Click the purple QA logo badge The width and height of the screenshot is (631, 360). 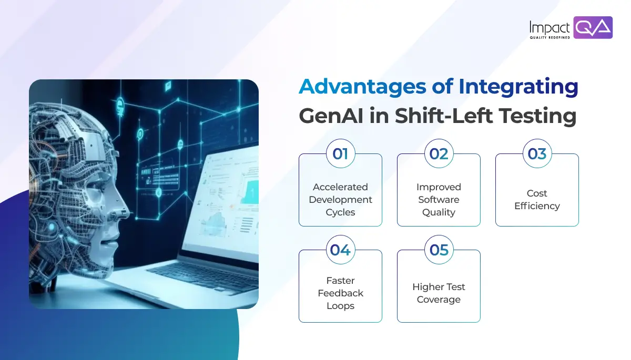tap(593, 27)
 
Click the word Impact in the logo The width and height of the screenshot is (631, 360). tap(549, 27)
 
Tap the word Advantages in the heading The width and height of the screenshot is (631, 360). tap(362, 86)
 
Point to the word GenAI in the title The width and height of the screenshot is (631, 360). tap(331, 116)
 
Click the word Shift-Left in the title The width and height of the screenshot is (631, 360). tap(444, 116)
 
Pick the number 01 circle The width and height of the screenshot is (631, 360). tap(340, 153)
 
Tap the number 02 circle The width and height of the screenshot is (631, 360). tap(439, 153)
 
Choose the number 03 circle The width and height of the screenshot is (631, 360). tap(537, 153)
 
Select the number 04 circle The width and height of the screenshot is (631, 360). tap(340, 250)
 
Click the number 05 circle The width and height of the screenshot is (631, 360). tap(439, 250)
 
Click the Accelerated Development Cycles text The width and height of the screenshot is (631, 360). tap(340, 200)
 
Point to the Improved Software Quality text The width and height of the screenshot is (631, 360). tap(439, 200)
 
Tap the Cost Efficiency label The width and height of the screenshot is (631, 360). tap(537, 200)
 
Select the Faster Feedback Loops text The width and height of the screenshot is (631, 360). tap(340, 293)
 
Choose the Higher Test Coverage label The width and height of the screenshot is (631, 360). tap(439, 293)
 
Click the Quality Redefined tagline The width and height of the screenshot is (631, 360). tap(549, 37)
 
